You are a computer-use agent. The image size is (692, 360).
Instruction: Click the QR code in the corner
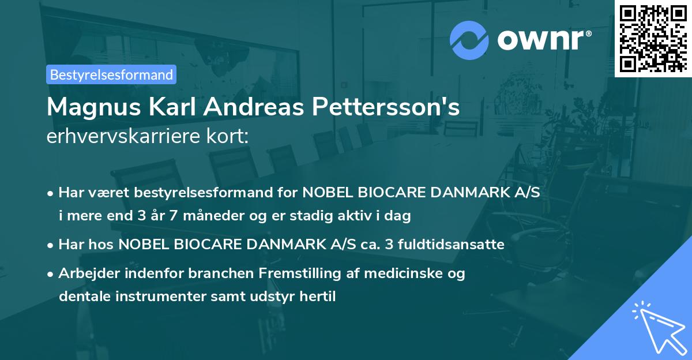(x=653, y=38)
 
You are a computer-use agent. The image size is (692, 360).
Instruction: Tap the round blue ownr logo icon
(x=469, y=40)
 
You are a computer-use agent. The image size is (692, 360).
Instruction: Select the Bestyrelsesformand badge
(x=111, y=74)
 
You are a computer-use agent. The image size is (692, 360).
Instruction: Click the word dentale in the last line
(x=80, y=297)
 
